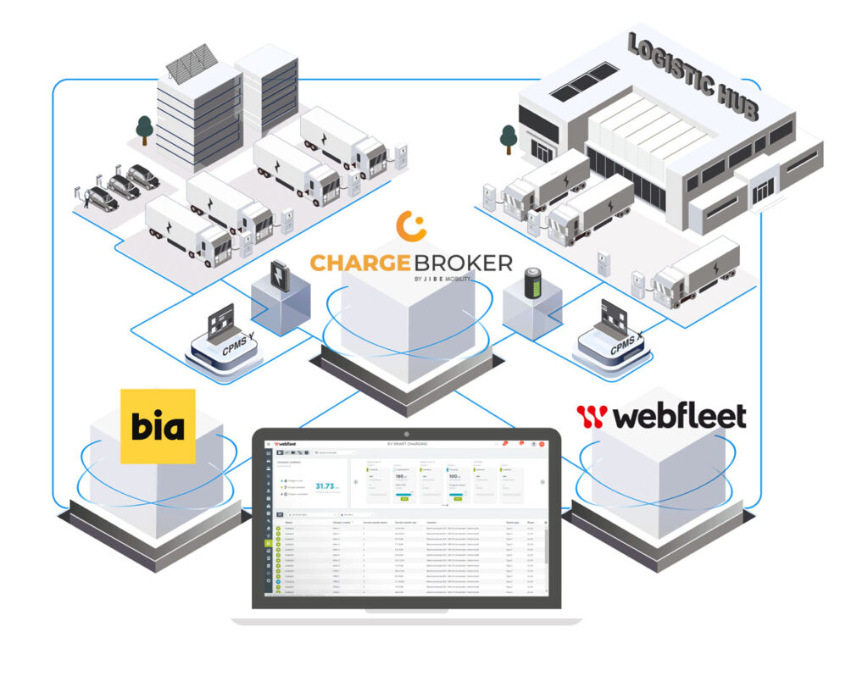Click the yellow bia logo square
pos(158,426)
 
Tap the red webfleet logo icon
pos(592,416)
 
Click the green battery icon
pos(533,283)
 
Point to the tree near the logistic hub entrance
pos(508,137)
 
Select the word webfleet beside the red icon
pos(677,416)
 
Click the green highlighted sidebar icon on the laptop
pos(269,543)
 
